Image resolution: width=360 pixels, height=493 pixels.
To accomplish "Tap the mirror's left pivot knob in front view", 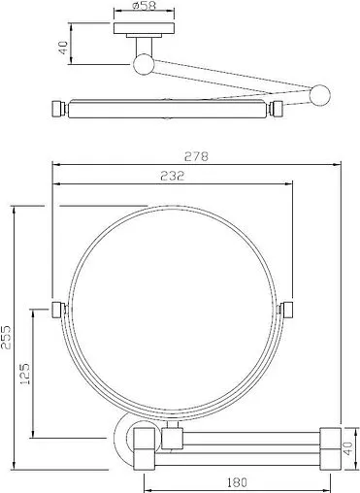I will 57,310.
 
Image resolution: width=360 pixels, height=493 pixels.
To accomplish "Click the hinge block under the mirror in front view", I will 174,438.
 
